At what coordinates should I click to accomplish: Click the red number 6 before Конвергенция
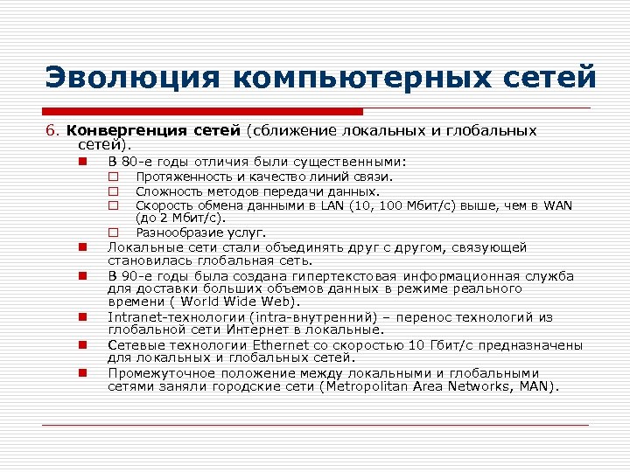point(51,131)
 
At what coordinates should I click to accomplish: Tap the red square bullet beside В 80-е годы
point(80,162)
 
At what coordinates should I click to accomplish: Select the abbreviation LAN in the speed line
point(332,205)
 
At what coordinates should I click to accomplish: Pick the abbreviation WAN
point(556,205)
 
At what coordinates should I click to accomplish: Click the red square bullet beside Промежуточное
point(80,373)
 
